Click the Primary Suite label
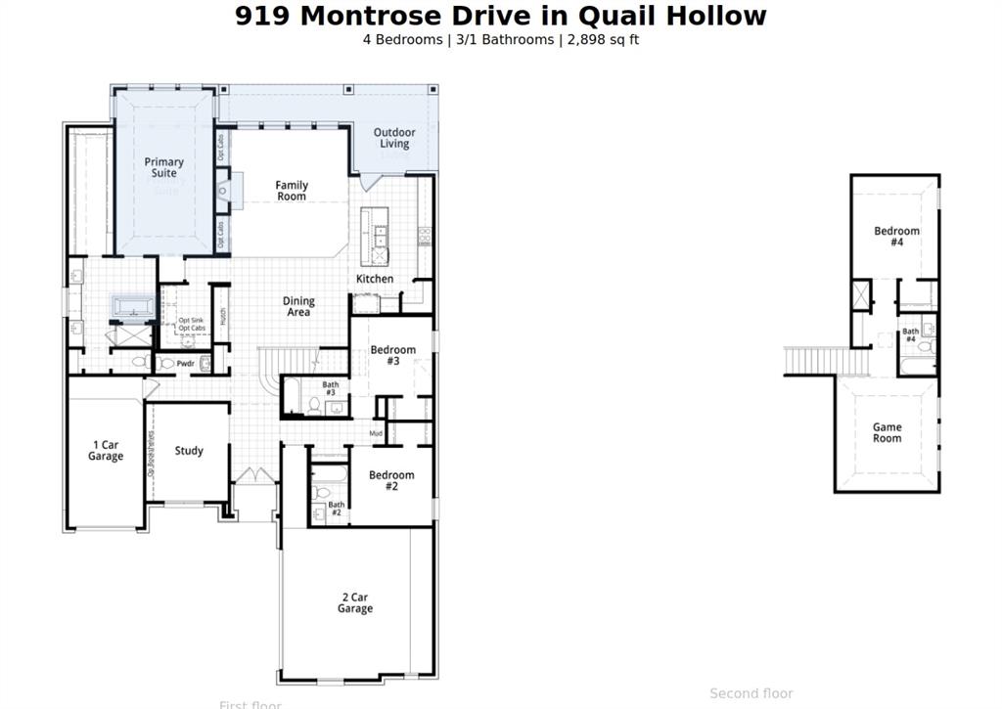click(x=163, y=167)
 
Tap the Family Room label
click(x=291, y=191)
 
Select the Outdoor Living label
click(x=394, y=138)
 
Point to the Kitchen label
click(x=374, y=279)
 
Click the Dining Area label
click(x=298, y=307)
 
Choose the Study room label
click(x=189, y=451)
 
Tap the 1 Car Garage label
click(x=106, y=451)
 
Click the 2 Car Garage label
click(x=355, y=602)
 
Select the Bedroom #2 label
click(x=391, y=480)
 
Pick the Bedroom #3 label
click(x=392, y=355)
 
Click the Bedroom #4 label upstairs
click(x=896, y=236)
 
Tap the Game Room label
click(x=888, y=432)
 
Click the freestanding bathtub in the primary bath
click(x=132, y=307)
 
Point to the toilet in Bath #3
click(x=314, y=403)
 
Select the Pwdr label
click(x=185, y=364)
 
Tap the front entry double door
click(x=254, y=476)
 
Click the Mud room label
click(x=376, y=432)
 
